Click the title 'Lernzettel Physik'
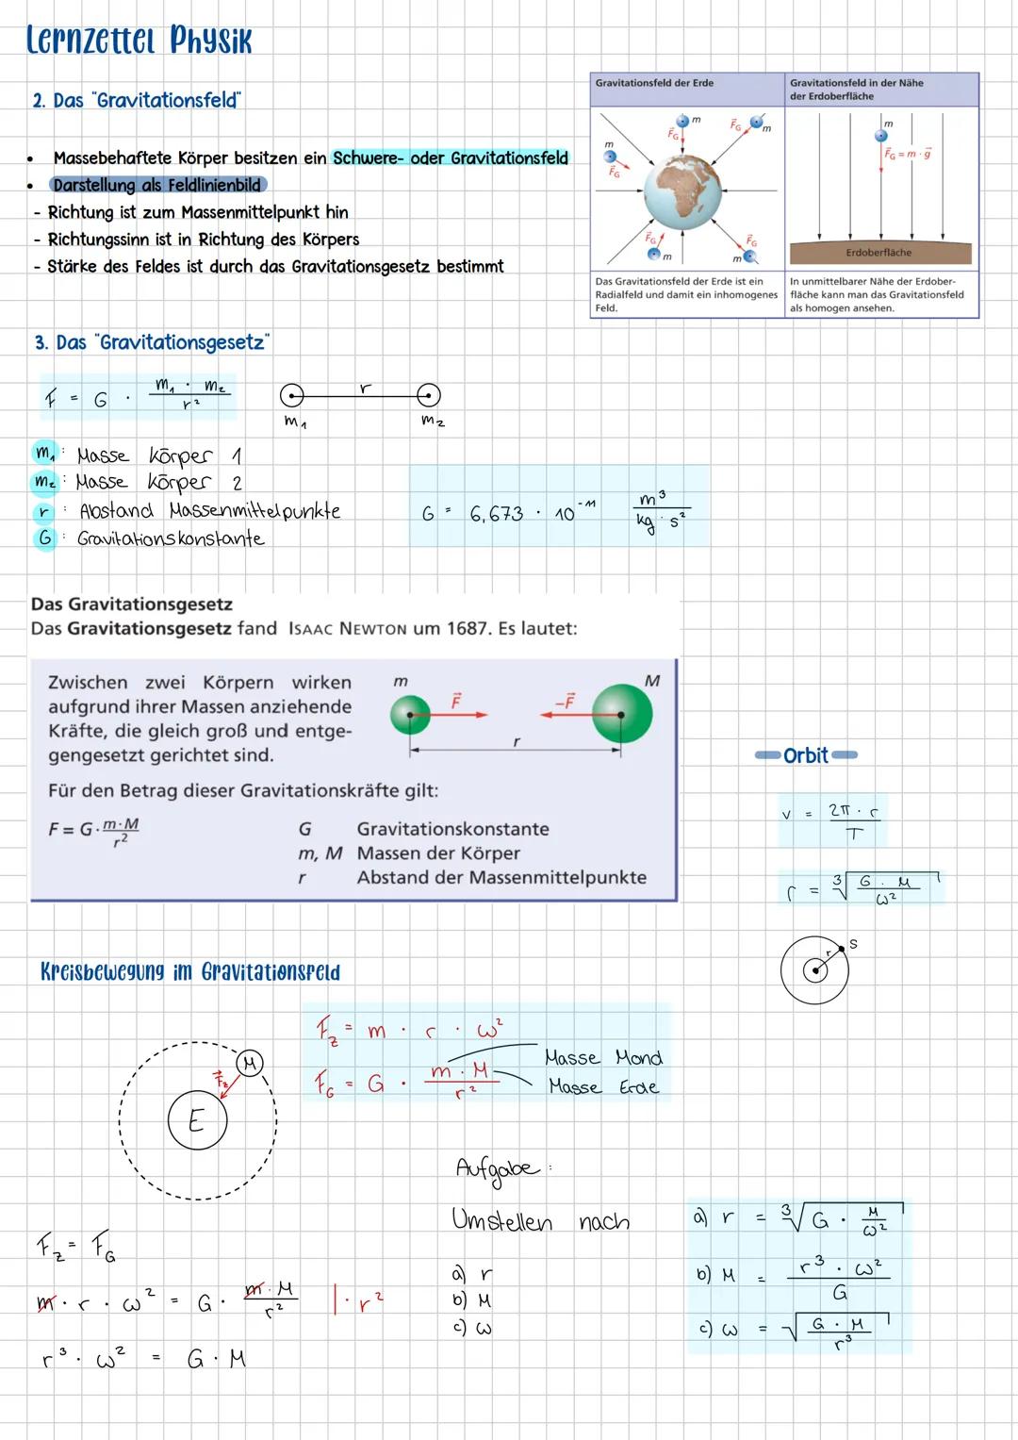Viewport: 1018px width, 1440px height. [140, 41]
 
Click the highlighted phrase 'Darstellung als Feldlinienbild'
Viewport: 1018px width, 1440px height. [156, 185]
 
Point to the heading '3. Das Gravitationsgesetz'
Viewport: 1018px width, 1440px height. [152, 342]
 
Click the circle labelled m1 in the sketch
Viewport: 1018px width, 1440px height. [292, 395]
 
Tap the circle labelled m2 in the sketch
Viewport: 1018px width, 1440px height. [428, 395]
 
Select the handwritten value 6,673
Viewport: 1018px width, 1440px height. [496, 514]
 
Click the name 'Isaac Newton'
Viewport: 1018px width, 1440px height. [347, 629]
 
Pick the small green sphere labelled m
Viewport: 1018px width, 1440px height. [410, 715]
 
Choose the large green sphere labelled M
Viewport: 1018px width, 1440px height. [621, 715]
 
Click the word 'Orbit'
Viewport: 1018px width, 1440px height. [806, 755]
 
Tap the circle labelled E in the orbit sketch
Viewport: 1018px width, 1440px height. [197, 1120]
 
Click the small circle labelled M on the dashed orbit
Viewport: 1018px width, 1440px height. [249, 1064]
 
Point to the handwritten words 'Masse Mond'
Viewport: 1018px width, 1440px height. [603, 1058]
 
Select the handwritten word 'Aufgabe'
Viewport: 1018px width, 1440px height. [499, 1168]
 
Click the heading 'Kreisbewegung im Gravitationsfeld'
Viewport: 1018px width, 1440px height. [190, 971]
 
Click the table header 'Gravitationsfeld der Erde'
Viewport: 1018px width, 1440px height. [654, 83]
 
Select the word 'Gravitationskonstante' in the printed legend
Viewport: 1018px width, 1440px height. [452, 829]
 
